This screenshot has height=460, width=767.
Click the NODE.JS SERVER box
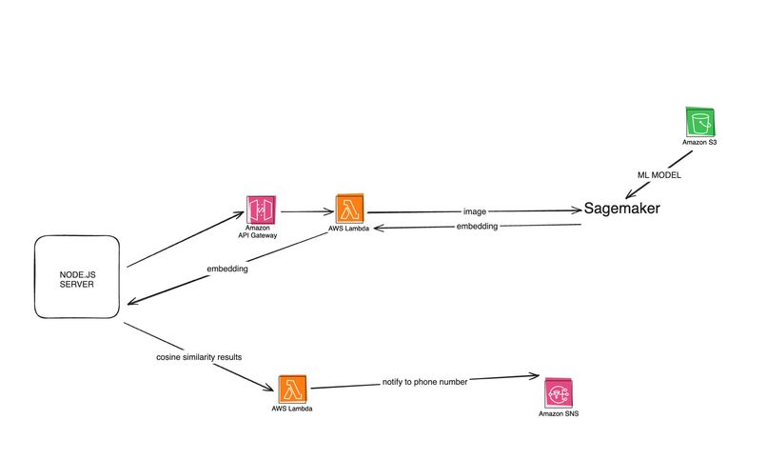coord(77,277)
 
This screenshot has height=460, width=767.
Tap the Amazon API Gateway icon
coord(261,210)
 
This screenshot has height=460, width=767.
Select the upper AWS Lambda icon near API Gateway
coord(350,209)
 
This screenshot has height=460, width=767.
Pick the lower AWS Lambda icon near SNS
coord(292,389)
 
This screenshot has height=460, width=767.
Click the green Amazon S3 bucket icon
coord(700,122)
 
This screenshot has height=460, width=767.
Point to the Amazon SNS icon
coord(559,393)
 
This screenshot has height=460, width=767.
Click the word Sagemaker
coord(621,209)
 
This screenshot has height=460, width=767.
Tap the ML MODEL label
coord(659,175)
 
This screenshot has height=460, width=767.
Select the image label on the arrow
coord(475,211)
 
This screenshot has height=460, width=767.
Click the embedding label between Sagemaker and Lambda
coord(477,226)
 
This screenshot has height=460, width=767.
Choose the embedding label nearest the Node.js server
coord(227,269)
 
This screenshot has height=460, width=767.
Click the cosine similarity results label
coord(199,357)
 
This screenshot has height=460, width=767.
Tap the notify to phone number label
coord(424,382)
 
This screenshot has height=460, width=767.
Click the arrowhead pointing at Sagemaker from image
coord(578,210)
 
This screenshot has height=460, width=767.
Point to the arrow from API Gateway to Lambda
coord(307,211)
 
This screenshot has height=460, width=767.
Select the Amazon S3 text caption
coord(699,143)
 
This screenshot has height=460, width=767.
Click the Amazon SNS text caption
coord(559,413)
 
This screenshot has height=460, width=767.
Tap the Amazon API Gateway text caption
coord(258,231)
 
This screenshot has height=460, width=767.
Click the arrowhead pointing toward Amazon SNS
coord(534,376)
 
